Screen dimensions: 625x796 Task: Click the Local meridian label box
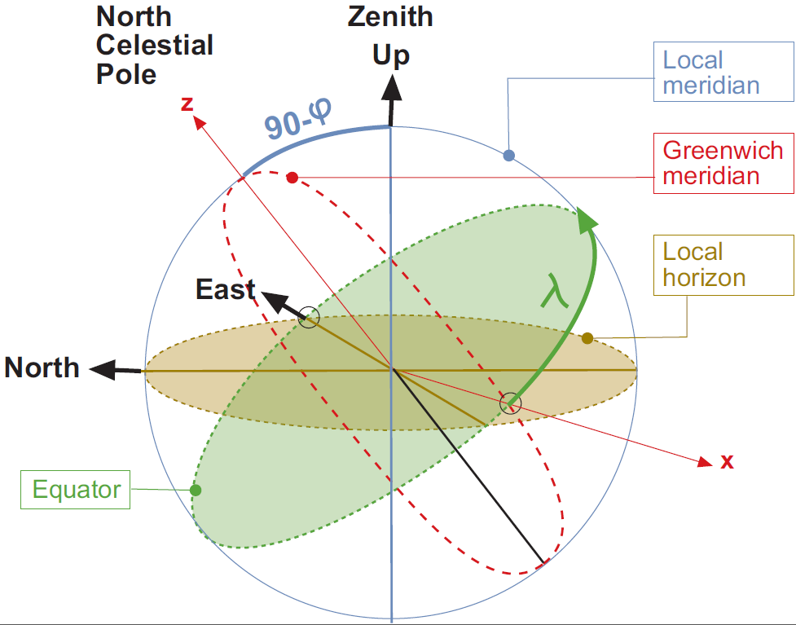pyautogui.click(x=710, y=72)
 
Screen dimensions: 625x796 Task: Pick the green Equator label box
pyautogui.click(x=76, y=490)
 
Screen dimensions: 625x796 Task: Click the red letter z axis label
pyautogui.click(x=187, y=103)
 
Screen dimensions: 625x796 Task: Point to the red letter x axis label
pyautogui.click(x=727, y=462)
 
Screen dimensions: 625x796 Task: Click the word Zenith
pyautogui.click(x=391, y=17)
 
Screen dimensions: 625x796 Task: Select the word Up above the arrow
pyautogui.click(x=391, y=55)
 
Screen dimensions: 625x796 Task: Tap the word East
pyautogui.click(x=226, y=289)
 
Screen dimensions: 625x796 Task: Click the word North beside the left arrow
pyautogui.click(x=42, y=368)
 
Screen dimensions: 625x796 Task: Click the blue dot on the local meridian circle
pyautogui.click(x=509, y=155)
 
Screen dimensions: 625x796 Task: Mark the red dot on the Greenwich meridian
pyautogui.click(x=293, y=177)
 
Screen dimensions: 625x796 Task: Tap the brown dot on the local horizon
pyautogui.click(x=587, y=338)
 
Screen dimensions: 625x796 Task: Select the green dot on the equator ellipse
pyautogui.click(x=196, y=490)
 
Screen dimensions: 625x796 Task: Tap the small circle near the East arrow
pyautogui.click(x=308, y=319)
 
